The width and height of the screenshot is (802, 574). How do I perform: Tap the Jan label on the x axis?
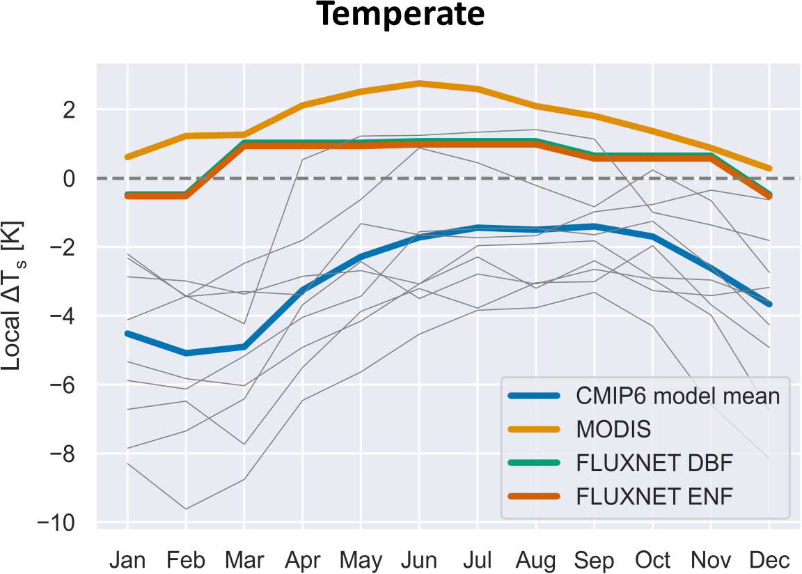[127, 559]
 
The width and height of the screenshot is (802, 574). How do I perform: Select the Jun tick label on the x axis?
[419, 559]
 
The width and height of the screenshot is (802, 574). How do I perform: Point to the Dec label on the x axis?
[769, 559]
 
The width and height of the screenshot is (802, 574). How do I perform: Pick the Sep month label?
[594, 559]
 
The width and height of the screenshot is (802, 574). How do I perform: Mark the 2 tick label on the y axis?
[79, 109]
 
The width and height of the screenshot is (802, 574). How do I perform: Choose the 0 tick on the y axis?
[79, 178]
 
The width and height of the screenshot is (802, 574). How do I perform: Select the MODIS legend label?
[613, 429]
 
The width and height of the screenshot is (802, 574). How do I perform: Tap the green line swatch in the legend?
[535, 463]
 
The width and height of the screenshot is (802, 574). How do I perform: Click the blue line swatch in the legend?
[535, 396]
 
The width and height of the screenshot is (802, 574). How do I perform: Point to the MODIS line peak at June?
[419, 83]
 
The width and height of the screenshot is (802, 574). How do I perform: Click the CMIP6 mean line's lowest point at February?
[186, 353]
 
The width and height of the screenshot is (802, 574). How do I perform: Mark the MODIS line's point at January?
[127, 157]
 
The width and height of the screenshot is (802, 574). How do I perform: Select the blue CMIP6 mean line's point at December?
[769, 304]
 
